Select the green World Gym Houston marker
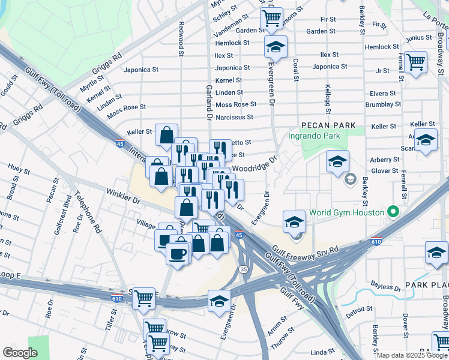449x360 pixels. [x=393, y=212]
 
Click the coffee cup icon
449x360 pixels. [x=178, y=253]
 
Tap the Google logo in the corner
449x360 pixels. [x=20, y=353]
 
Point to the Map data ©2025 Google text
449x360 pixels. [x=412, y=355]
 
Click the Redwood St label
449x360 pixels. [x=181, y=40]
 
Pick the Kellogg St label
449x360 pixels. [x=328, y=98]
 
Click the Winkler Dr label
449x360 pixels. [x=123, y=196]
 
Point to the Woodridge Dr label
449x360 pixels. [x=254, y=164]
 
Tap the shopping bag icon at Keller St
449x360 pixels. [x=166, y=136]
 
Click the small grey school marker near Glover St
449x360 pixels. [x=350, y=179]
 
